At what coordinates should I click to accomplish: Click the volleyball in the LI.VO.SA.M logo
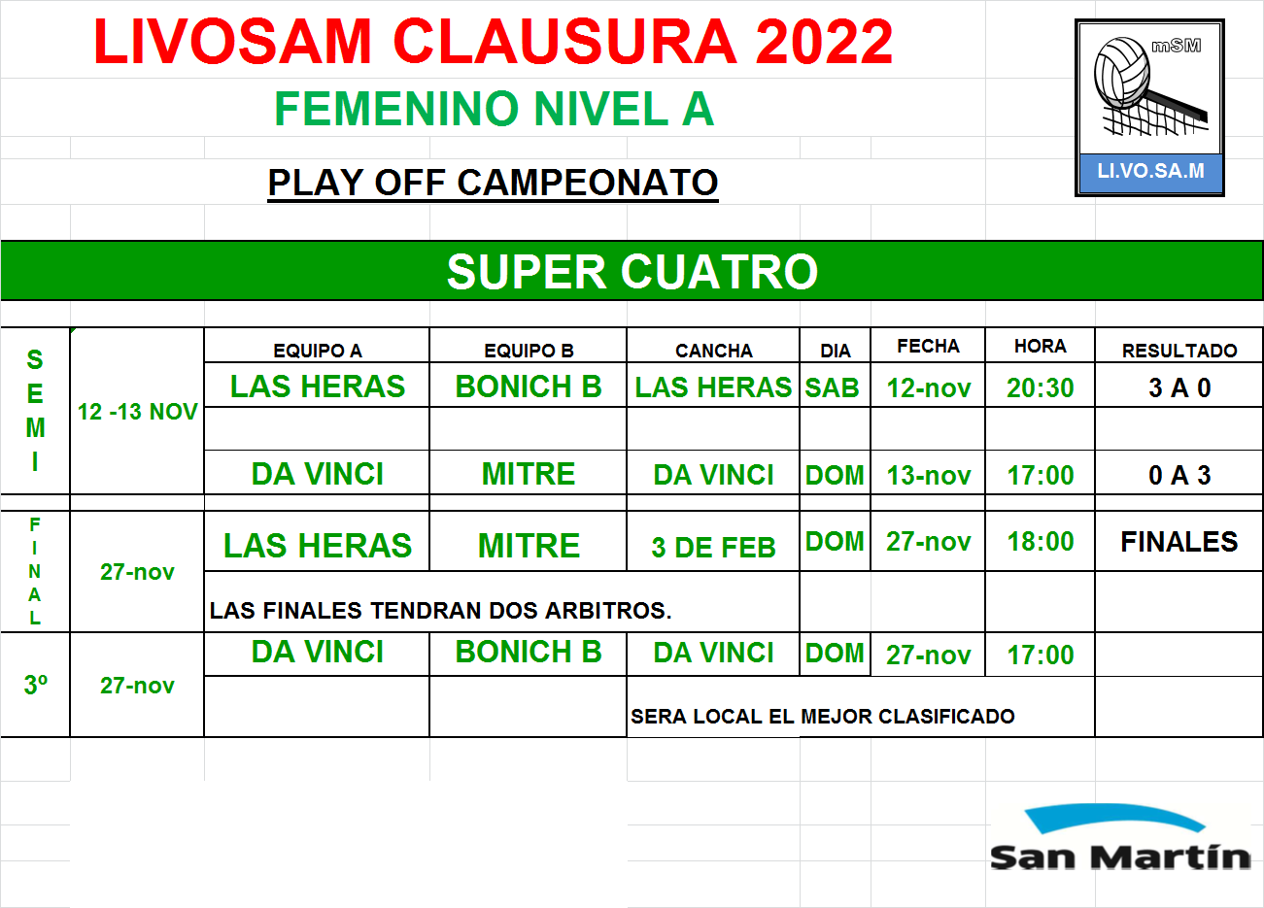(x=1122, y=72)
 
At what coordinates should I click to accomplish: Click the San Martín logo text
(x=1120, y=858)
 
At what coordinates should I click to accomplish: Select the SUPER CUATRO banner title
(x=632, y=272)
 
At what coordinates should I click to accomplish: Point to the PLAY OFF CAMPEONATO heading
(x=493, y=183)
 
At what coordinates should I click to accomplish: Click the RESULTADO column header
(x=1179, y=351)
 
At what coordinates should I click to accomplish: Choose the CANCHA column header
(x=714, y=351)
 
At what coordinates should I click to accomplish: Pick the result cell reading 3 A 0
(x=1179, y=388)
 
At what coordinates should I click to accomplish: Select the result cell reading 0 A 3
(x=1179, y=476)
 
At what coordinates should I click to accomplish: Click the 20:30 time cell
(x=1040, y=388)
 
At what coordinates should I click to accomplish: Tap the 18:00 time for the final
(x=1041, y=542)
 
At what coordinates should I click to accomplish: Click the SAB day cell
(x=832, y=388)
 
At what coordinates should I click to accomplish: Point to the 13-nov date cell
(x=929, y=476)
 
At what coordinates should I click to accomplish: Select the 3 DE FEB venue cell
(x=714, y=548)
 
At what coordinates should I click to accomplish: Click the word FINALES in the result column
(x=1179, y=542)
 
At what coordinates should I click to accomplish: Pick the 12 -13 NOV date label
(x=137, y=412)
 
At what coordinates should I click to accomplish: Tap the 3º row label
(x=36, y=685)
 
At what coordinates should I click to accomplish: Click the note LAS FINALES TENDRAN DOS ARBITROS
(x=441, y=611)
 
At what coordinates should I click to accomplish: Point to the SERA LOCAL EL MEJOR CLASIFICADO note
(x=823, y=717)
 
